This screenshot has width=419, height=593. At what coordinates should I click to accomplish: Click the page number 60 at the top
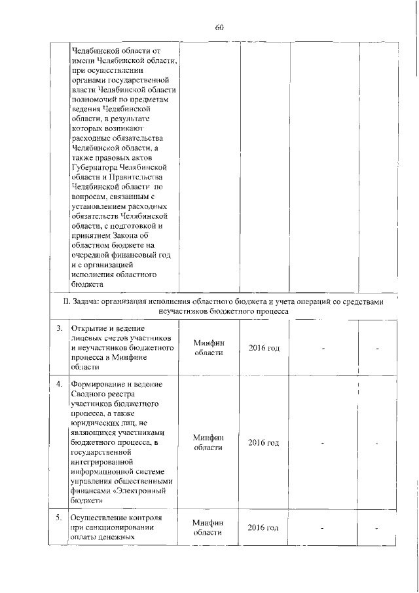219,27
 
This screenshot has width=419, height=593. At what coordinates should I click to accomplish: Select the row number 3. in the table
59,328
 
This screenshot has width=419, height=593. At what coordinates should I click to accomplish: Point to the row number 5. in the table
59,518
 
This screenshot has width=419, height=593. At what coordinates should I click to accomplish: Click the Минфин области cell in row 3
209,347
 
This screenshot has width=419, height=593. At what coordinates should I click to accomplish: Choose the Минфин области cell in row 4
209,442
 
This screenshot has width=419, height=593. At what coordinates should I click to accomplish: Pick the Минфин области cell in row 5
209,527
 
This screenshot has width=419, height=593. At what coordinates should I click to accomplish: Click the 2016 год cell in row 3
264,347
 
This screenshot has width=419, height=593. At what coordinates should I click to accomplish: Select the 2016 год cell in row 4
264,443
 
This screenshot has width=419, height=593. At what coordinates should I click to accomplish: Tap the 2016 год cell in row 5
264,528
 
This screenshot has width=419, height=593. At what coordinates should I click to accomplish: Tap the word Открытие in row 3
90,328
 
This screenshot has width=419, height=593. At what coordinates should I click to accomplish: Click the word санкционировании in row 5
121,527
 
